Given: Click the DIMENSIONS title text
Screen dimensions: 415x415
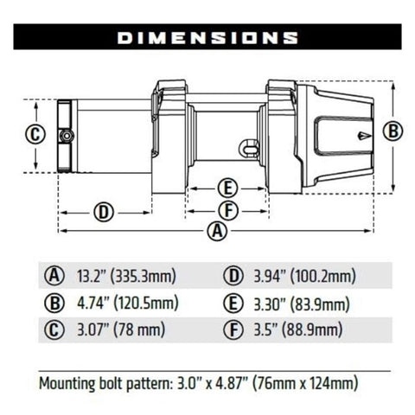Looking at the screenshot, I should (x=207, y=38).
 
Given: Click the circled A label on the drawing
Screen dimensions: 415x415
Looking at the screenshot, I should (x=218, y=231).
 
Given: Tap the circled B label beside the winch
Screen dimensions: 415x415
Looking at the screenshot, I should (x=393, y=131).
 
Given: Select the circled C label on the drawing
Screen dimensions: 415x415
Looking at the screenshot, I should (x=34, y=135).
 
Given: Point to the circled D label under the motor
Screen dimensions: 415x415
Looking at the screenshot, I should (x=103, y=212).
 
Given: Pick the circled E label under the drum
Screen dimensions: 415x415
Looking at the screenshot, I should (x=227, y=188).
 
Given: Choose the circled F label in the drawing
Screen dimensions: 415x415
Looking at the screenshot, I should (x=227, y=210).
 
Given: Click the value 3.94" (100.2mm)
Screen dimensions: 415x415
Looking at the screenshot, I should (x=303, y=277).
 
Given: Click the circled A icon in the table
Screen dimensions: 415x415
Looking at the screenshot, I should (x=54, y=277).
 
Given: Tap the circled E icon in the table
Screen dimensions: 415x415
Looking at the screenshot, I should (x=233, y=303).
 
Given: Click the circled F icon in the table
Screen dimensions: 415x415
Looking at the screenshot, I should (x=233, y=330).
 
